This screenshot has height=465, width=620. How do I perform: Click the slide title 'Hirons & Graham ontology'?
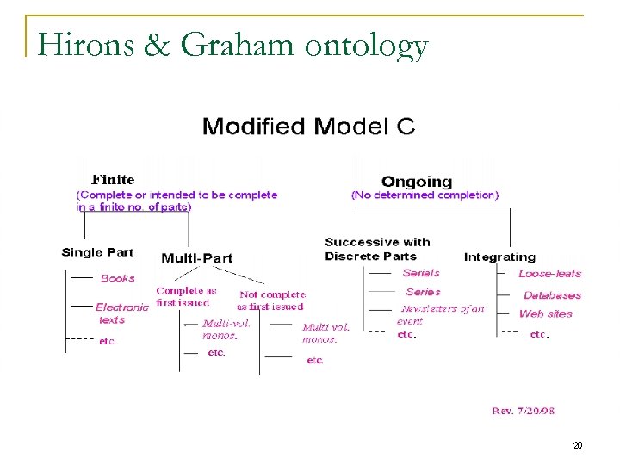click(232, 45)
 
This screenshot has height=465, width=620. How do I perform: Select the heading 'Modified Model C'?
click(308, 127)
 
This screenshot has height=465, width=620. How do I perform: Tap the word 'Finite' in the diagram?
click(113, 180)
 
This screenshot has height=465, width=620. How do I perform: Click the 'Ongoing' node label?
click(416, 182)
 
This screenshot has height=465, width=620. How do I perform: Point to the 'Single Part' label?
click(97, 252)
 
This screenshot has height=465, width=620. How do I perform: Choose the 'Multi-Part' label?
click(196, 258)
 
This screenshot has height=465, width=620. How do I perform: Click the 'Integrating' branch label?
click(499, 257)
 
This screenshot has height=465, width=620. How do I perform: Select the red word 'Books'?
click(118, 278)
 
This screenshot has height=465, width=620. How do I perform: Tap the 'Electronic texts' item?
click(121, 313)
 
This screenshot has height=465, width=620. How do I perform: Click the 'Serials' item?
click(421, 273)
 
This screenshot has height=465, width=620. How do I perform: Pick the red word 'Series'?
click(422, 292)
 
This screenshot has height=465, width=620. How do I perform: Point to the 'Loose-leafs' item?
click(549, 274)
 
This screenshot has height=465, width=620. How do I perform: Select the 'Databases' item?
click(552, 295)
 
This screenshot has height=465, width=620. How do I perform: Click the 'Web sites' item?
click(545, 313)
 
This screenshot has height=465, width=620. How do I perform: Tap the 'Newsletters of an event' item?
click(441, 314)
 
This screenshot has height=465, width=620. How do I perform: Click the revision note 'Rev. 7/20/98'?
click(523, 411)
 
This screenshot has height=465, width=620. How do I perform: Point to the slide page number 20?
click(578, 445)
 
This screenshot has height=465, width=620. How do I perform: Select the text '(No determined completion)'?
click(425, 195)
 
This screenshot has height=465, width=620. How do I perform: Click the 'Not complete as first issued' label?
click(271, 301)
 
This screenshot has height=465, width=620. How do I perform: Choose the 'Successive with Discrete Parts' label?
click(377, 249)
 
